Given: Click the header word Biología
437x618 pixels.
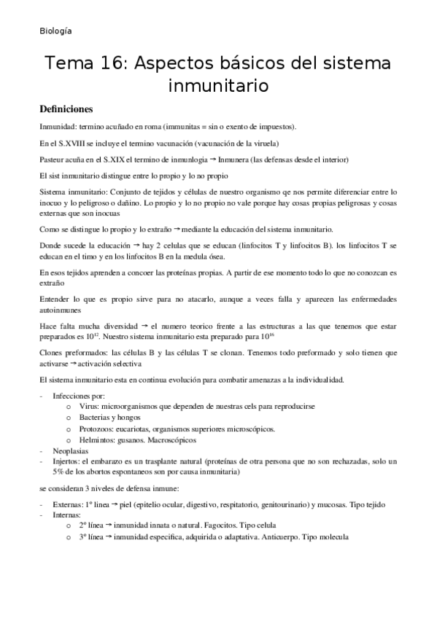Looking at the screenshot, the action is coord(55,31).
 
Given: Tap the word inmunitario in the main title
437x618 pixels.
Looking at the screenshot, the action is coord(219,86).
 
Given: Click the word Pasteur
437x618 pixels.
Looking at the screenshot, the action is coord(53,160).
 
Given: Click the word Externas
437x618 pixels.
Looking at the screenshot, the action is coord(71,505).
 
